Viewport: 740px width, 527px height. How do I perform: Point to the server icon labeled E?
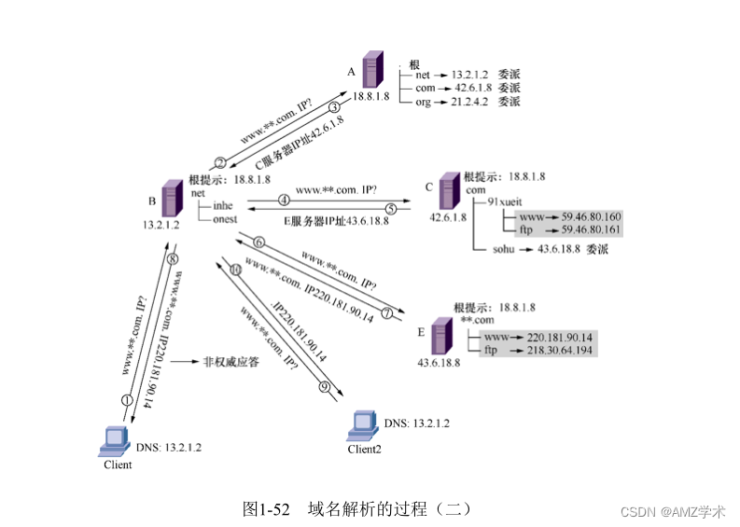tap(438, 335)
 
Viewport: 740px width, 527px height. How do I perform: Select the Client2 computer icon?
tap(363, 425)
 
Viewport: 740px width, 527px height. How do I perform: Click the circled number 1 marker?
tap(127, 399)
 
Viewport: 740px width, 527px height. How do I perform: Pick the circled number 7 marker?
tap(385, 312)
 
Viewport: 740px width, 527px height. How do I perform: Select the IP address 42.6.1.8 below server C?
tap(448, 218)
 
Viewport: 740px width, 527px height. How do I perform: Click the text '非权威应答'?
tap(230, 362)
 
